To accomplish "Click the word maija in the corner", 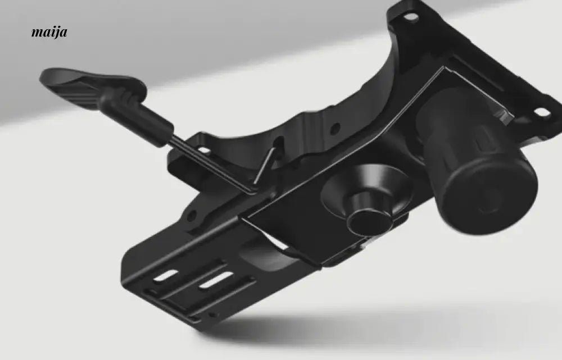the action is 49,32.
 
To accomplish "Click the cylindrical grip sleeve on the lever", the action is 136,114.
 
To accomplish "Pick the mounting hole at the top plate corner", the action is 411,16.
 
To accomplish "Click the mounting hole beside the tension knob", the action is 542,112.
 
